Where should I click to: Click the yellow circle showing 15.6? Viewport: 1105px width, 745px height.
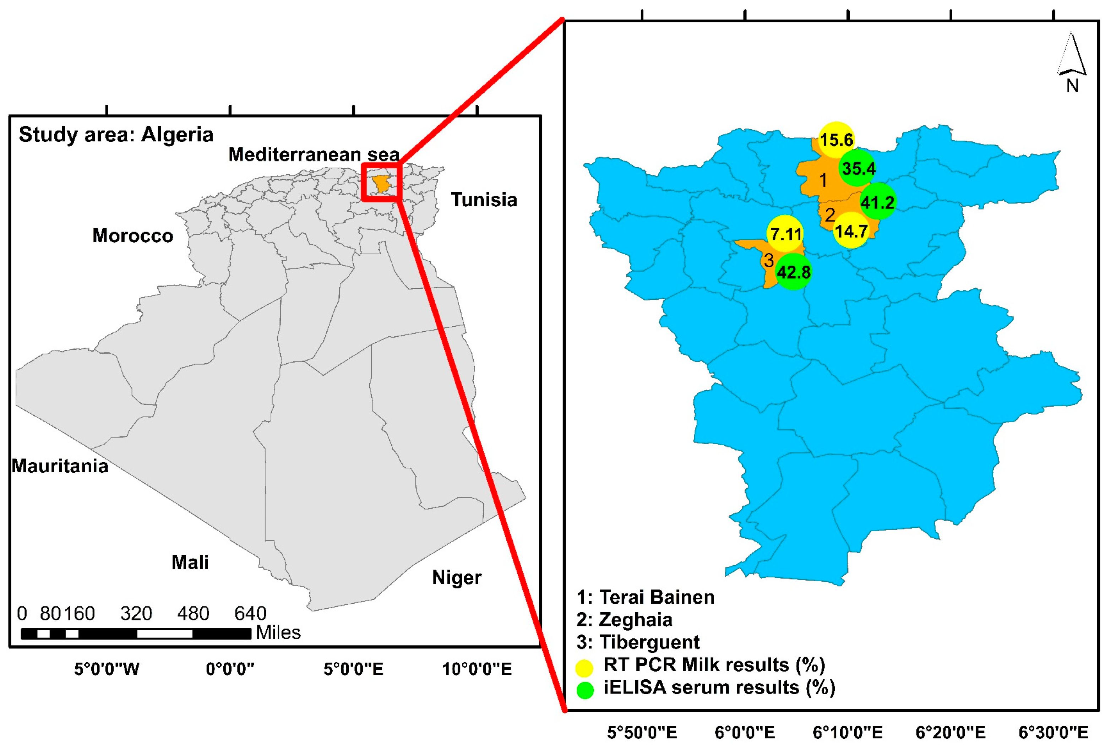pos(836,140)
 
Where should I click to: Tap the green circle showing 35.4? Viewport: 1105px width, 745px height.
pos(858,168)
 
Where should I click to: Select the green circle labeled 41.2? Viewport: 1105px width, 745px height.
pos(877,202)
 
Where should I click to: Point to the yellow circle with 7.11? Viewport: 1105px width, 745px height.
pos(785,234)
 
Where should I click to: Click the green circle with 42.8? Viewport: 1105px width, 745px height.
pos(793,272)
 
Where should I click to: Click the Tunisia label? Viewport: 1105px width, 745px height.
pos(484,200)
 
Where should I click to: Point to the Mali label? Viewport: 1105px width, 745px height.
pos(190,562)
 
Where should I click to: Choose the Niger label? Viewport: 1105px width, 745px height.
pos(457,577)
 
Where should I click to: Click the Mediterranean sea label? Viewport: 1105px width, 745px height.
pos(314,154)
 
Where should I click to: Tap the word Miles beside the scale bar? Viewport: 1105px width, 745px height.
pos(278,632)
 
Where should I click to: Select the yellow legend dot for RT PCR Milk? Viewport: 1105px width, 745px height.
pos(585,668)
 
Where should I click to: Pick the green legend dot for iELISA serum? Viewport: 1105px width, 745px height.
pos(585,690)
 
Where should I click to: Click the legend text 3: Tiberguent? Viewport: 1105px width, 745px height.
pos(638,642)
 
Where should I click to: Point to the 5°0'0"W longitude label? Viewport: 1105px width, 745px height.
pos(107,669)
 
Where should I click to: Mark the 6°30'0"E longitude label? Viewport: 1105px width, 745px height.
pos(1053,732)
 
